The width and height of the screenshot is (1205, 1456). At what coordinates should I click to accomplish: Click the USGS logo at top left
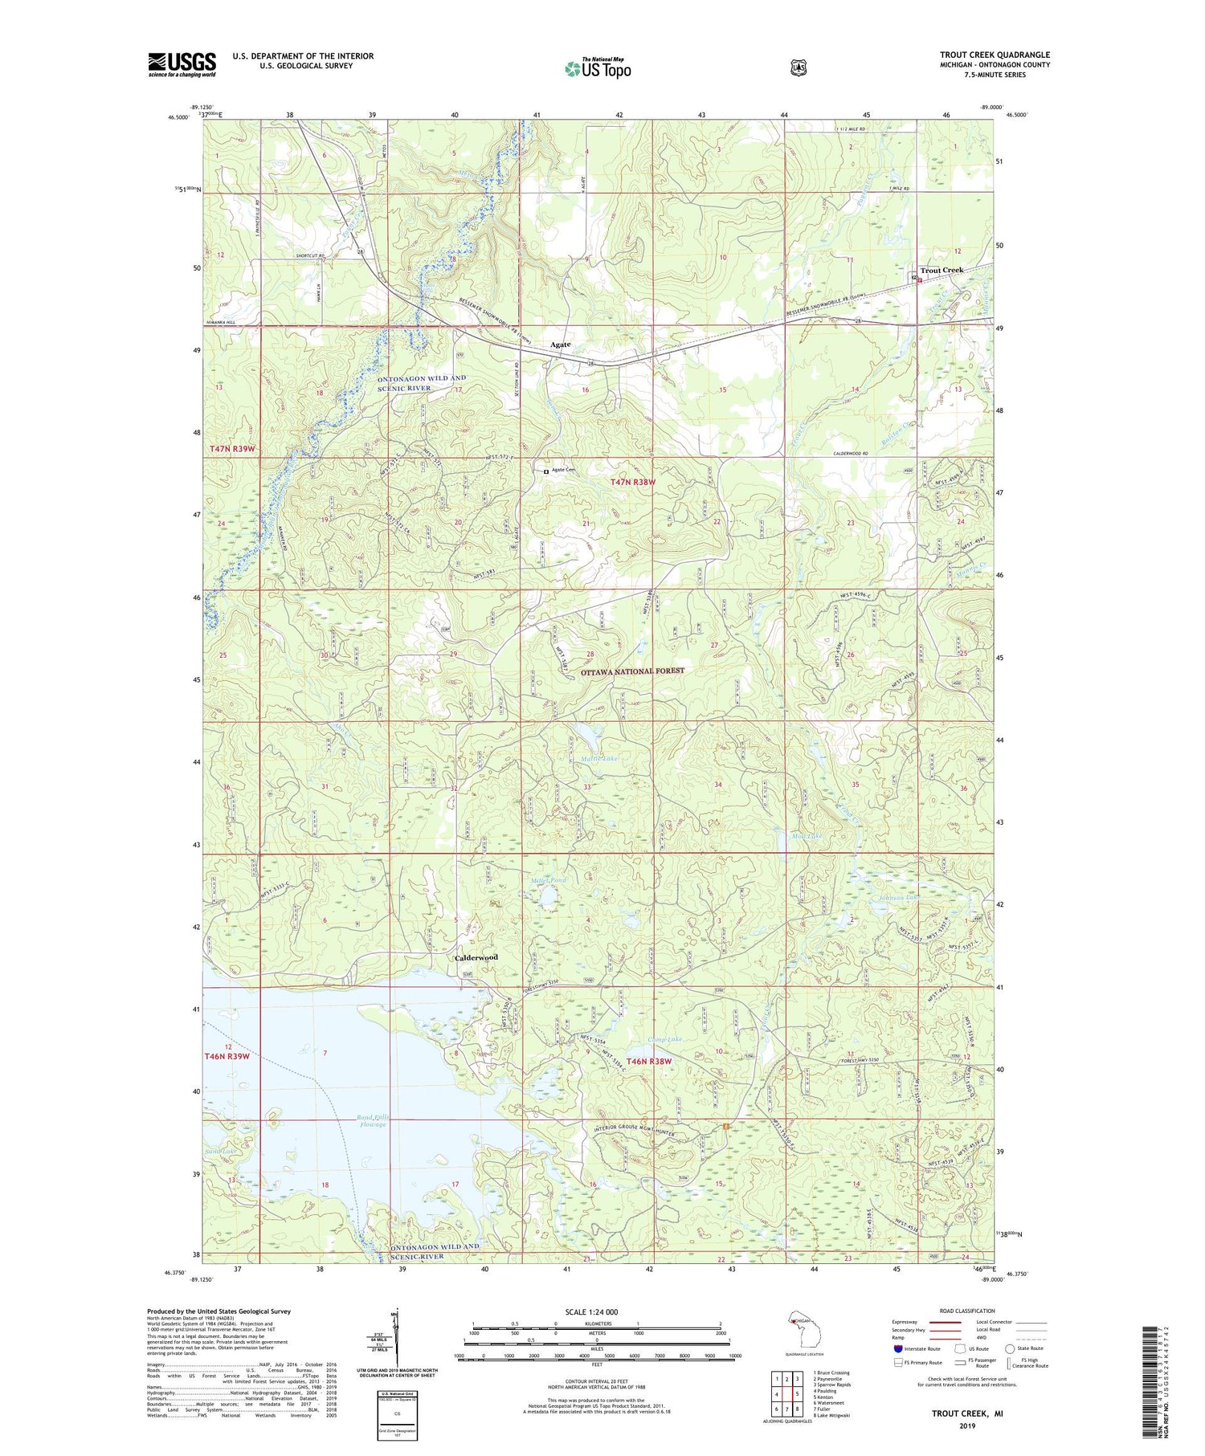(182, 64)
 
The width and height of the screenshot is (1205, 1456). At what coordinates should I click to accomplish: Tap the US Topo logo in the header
(598, 69)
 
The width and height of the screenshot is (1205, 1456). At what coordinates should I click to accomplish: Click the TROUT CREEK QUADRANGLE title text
(995, 55)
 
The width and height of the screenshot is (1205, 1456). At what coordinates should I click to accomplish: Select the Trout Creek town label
(941, 271)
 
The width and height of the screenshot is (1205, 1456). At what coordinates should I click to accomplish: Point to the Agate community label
(560, 345)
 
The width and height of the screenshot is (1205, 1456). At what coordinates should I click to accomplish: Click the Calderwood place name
(476, 957)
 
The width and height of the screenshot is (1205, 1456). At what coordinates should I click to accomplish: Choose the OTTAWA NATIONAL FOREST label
(632, 671)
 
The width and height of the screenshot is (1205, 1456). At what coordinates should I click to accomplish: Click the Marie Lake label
(599, 758)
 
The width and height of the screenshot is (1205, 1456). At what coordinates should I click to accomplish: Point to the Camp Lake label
(665, 1040)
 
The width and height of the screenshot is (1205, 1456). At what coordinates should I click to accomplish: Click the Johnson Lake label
(898, 897)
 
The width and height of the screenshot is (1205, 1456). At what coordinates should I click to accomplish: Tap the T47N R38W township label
(632, 482)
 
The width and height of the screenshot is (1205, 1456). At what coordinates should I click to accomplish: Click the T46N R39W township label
(227, 1056)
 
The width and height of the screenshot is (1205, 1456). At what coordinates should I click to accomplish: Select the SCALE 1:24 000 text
(596, 1311)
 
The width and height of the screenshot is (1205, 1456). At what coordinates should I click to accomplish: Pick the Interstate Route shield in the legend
(897, 1349)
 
